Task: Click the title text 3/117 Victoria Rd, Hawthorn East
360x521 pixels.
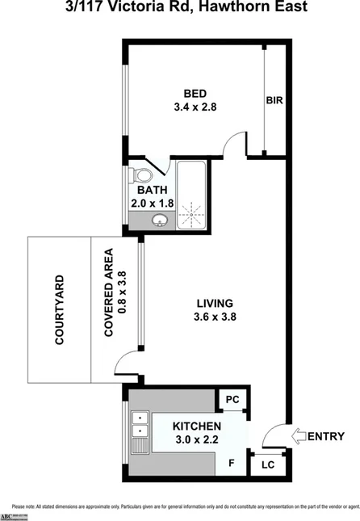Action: (x=179, y=9)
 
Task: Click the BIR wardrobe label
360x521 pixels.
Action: (x=274, y=101)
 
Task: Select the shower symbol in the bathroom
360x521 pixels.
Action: (x=192, y=214)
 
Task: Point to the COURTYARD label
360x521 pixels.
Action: (x=59, y=309)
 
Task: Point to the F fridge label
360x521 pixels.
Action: (x=231, y=464)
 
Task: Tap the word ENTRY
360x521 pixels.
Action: (x=326, y=436)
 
